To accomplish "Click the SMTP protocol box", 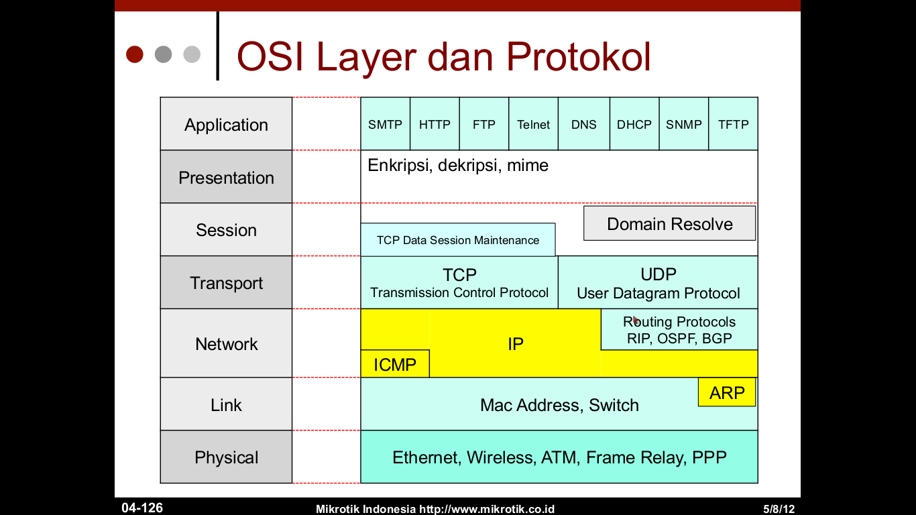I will (385, 124).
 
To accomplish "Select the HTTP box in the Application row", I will (435, 124).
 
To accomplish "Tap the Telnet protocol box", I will (533, 124).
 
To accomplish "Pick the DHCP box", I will (634, 124).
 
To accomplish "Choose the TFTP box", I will (733, 124).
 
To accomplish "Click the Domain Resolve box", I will (669, 224).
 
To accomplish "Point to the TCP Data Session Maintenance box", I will (457, 240).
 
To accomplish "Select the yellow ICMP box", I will (395, 364).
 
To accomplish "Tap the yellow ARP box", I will (727, 392).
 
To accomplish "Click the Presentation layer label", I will (226, 178).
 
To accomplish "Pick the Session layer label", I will (226, 230).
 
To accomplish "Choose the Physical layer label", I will (226, 457).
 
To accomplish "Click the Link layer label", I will (226, 405).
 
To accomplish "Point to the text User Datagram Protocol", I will (658, 294).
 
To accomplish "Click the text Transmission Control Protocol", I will (459, 293).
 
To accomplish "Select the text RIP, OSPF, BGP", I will (679, 339).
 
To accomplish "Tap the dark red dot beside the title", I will (135, 54).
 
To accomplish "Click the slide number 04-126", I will (142, 508).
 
